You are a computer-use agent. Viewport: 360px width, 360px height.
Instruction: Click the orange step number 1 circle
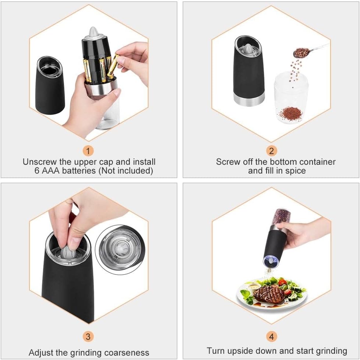pyautogui.click(x=88, y=151)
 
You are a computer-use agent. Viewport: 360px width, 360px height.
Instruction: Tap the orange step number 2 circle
pyautogui.click(x=271, y=151)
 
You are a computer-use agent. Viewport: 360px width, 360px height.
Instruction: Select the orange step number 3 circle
pyautogui.click(x=88, y=336)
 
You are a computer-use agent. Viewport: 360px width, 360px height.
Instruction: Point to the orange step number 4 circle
pyautogui.click(x=271, y=336)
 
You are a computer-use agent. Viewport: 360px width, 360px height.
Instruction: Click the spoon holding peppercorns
pyautogui.click(x=310, y=51)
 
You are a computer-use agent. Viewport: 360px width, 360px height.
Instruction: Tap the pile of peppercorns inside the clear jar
pyautogui.click(x=290, y=113)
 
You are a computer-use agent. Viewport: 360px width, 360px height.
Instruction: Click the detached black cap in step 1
pyautogui.click(x=50, y=85)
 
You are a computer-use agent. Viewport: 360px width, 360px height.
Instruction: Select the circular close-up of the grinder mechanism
pyautogui.click(x=120, y=250)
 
